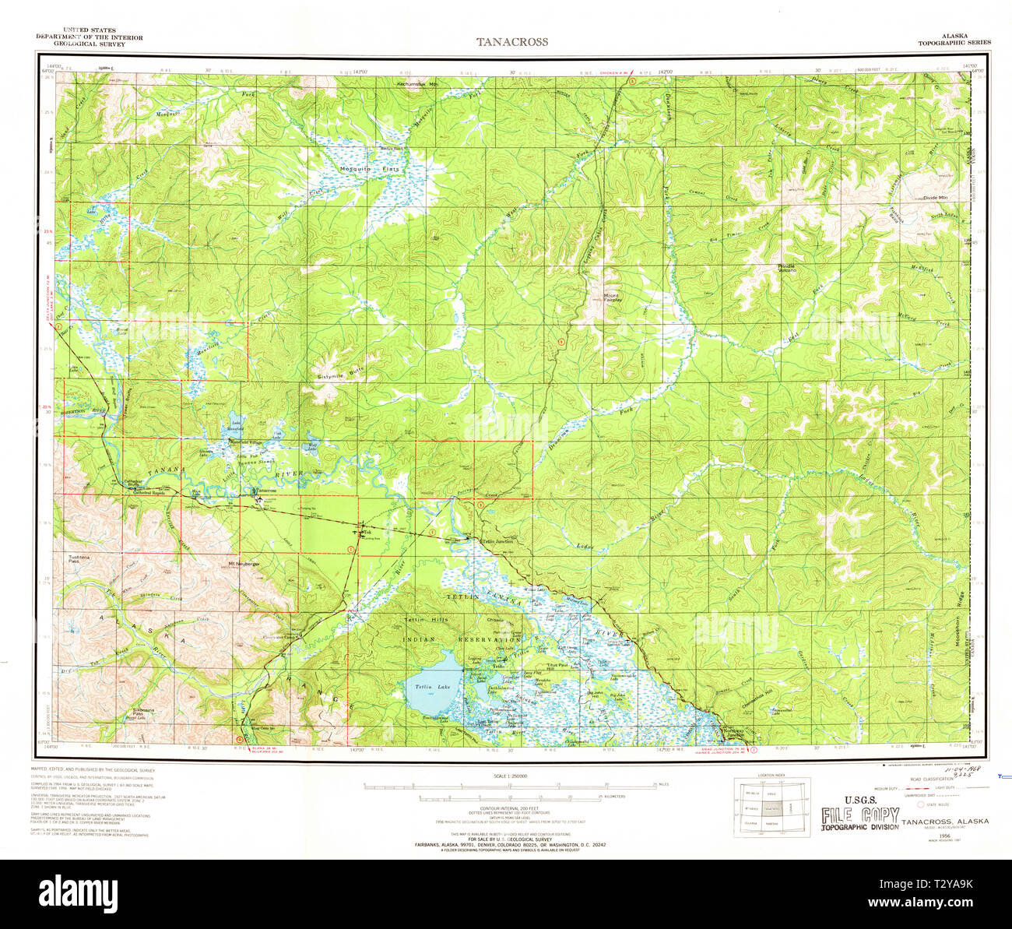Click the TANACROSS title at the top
(x=512, y=42)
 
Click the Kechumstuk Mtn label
(x=418, y=83)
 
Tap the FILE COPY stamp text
(x=860, y=816)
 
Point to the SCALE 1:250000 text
(x=511, y=776)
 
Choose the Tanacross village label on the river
(x=265, y=491)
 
